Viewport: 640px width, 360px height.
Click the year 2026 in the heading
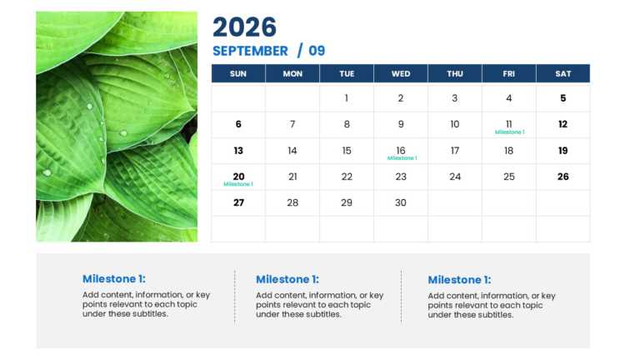point(244,27)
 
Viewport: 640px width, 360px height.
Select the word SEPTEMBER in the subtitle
point(250,51)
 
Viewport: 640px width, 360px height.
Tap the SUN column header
point(238,73)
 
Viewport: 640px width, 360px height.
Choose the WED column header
point(401,73)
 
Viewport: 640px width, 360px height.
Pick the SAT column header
point(563,73)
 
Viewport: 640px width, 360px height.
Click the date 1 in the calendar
point(347,98)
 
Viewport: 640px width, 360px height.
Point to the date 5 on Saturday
point(563,98)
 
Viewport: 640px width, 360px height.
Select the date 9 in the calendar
point(401,124)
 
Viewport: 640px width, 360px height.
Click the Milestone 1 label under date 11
point(509,132)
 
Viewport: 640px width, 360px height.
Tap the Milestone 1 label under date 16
point(402,158)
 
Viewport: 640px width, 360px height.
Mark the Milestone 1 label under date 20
point(238,184)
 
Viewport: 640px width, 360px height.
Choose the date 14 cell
point(292,151)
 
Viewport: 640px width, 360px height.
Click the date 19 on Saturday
point(563,151)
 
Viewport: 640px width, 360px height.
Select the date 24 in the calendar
point(455,177)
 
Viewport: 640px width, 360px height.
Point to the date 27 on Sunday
point(238,202)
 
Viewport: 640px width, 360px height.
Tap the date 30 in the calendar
point(401,202)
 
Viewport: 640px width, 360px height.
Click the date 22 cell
point(347,177)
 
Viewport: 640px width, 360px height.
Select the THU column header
point(455,73)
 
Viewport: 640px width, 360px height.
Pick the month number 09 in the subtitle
point(317,51)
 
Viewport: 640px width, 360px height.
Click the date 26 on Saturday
point(563,177)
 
